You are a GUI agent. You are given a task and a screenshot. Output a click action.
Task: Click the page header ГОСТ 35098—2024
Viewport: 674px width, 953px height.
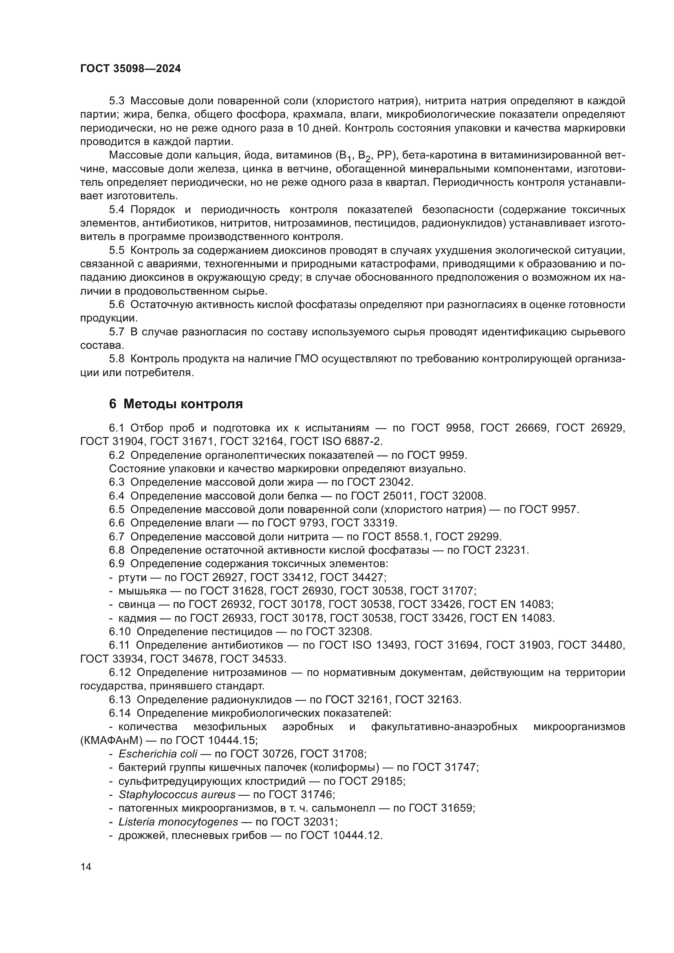[x=131, y=69]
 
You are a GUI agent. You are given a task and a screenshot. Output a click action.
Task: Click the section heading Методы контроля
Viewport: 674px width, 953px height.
[x=183, y=404]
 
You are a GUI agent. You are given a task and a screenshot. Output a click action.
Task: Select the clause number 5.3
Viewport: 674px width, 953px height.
[x=117, y=101]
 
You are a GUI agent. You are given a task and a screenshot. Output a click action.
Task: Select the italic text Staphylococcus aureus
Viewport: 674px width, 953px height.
[x=177, y=795]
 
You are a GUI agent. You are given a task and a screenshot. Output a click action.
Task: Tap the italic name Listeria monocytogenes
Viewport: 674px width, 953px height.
[x=178, y=822]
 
